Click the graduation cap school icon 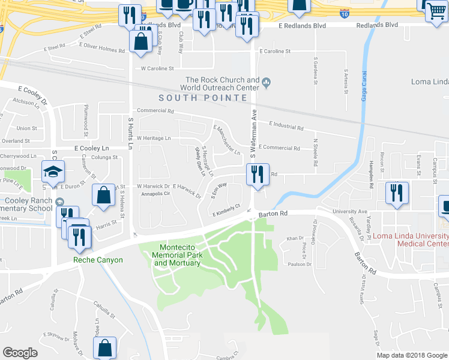pos(53,172)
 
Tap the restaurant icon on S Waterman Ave pos(257,175)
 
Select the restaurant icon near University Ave pos(396,193)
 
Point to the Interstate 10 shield pos(344,11)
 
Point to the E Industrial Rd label pos(286,125)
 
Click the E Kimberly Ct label pos(226,211)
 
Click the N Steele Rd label pos(315,153)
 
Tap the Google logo pos(20,352)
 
